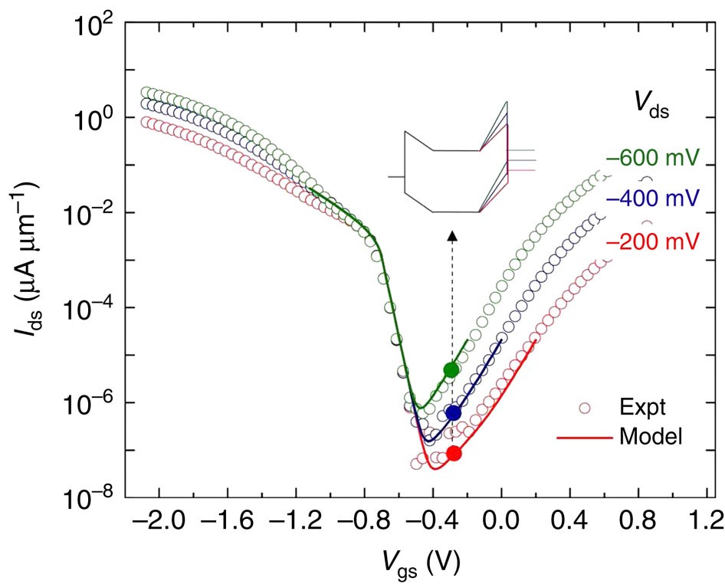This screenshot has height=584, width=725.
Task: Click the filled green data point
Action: pos(451,369)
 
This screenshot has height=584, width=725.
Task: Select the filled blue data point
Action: pos(453,412)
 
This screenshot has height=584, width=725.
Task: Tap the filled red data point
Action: pos(454,453)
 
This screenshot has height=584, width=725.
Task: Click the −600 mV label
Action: pos(652,159)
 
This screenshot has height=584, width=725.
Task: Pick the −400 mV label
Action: pos(652,199)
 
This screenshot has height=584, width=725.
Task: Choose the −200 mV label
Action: pos(652,241)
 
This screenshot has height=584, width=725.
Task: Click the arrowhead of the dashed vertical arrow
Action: pos(452,235)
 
